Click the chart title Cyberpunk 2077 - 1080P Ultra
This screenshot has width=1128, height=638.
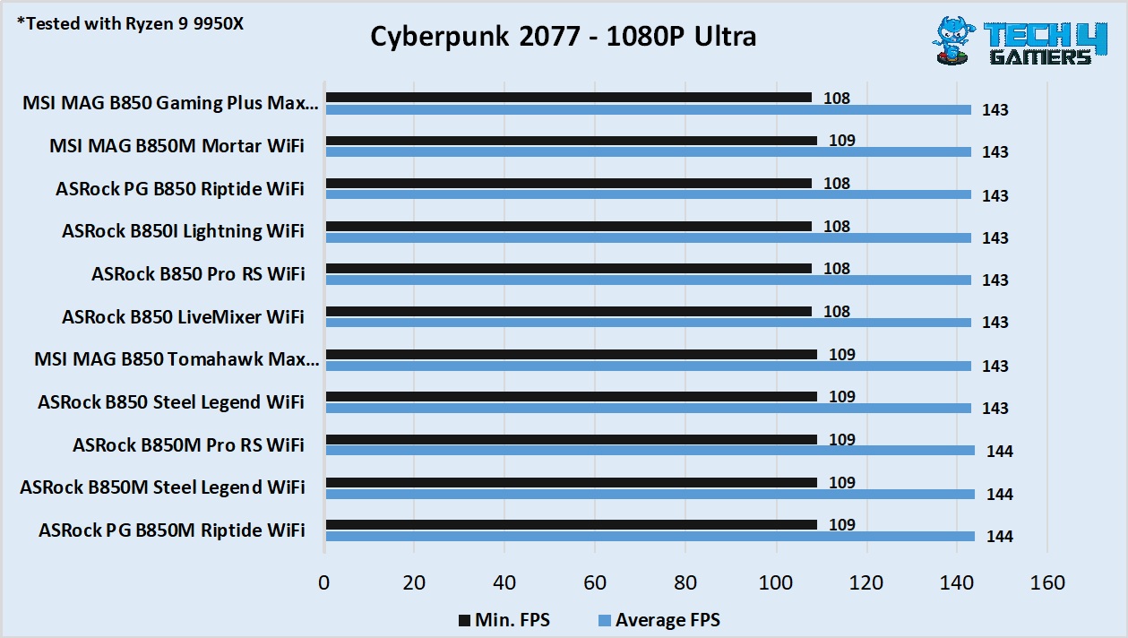click(x=563, y=36)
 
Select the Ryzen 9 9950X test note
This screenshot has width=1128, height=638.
click(x=131, y=23)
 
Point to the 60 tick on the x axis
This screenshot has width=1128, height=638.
click(x=595, y=583)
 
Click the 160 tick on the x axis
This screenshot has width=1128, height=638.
click(x=1047, y=583)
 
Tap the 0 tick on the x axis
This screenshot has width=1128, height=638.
click(x=324, y=583)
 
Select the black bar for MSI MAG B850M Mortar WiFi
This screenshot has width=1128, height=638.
click(x=571, y=141)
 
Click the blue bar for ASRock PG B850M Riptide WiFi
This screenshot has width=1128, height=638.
click(x=650, y=536)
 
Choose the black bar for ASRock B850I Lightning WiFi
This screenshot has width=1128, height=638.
click(x=569, y=227)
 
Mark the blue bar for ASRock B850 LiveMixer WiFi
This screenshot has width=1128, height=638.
click(x=648, y=323)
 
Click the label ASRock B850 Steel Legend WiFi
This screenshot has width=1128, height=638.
click(x=170, y=402)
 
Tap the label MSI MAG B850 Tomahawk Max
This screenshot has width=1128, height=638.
click(x=176, y=359)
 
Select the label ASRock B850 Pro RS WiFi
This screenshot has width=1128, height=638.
click(x=197, y=274)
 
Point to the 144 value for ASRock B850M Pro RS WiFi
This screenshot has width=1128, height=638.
click(x=1000, y=452)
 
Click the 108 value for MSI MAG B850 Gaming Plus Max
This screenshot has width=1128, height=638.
click(x=836, y=99)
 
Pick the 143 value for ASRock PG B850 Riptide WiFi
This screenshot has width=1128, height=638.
click(x=995, y=195)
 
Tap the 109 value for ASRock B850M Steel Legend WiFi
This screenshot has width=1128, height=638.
click(x=841, y=483)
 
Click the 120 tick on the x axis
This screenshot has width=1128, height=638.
click(x=866, y=583)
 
